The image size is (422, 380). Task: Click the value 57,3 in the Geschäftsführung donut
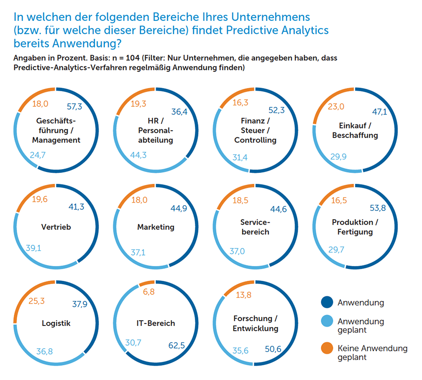point(74,107)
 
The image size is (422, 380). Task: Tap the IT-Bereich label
point(156,323)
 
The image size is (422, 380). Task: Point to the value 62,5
point(177,345)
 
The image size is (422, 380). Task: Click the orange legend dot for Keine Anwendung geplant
point(327,348)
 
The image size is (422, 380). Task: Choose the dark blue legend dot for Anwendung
point(327,302)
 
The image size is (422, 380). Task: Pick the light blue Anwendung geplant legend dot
point(327,321)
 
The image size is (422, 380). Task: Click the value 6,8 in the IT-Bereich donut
point(149,292)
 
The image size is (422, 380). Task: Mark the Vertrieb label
point(56,227)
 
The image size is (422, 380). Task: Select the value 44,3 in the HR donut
point(138,155)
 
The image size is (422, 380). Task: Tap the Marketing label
point(156,227)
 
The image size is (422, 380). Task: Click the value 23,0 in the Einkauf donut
point(336,107)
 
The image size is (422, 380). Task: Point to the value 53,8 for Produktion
point(377,208)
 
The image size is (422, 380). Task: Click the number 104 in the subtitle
point(133,58)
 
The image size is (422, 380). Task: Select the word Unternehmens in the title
point(271,17)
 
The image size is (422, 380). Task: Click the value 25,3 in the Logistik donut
point(37,301)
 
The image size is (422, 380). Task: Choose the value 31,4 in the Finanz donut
point(240,157)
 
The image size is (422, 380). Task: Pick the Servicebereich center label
point(255,227)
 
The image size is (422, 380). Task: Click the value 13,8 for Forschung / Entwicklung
point(244,295)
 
